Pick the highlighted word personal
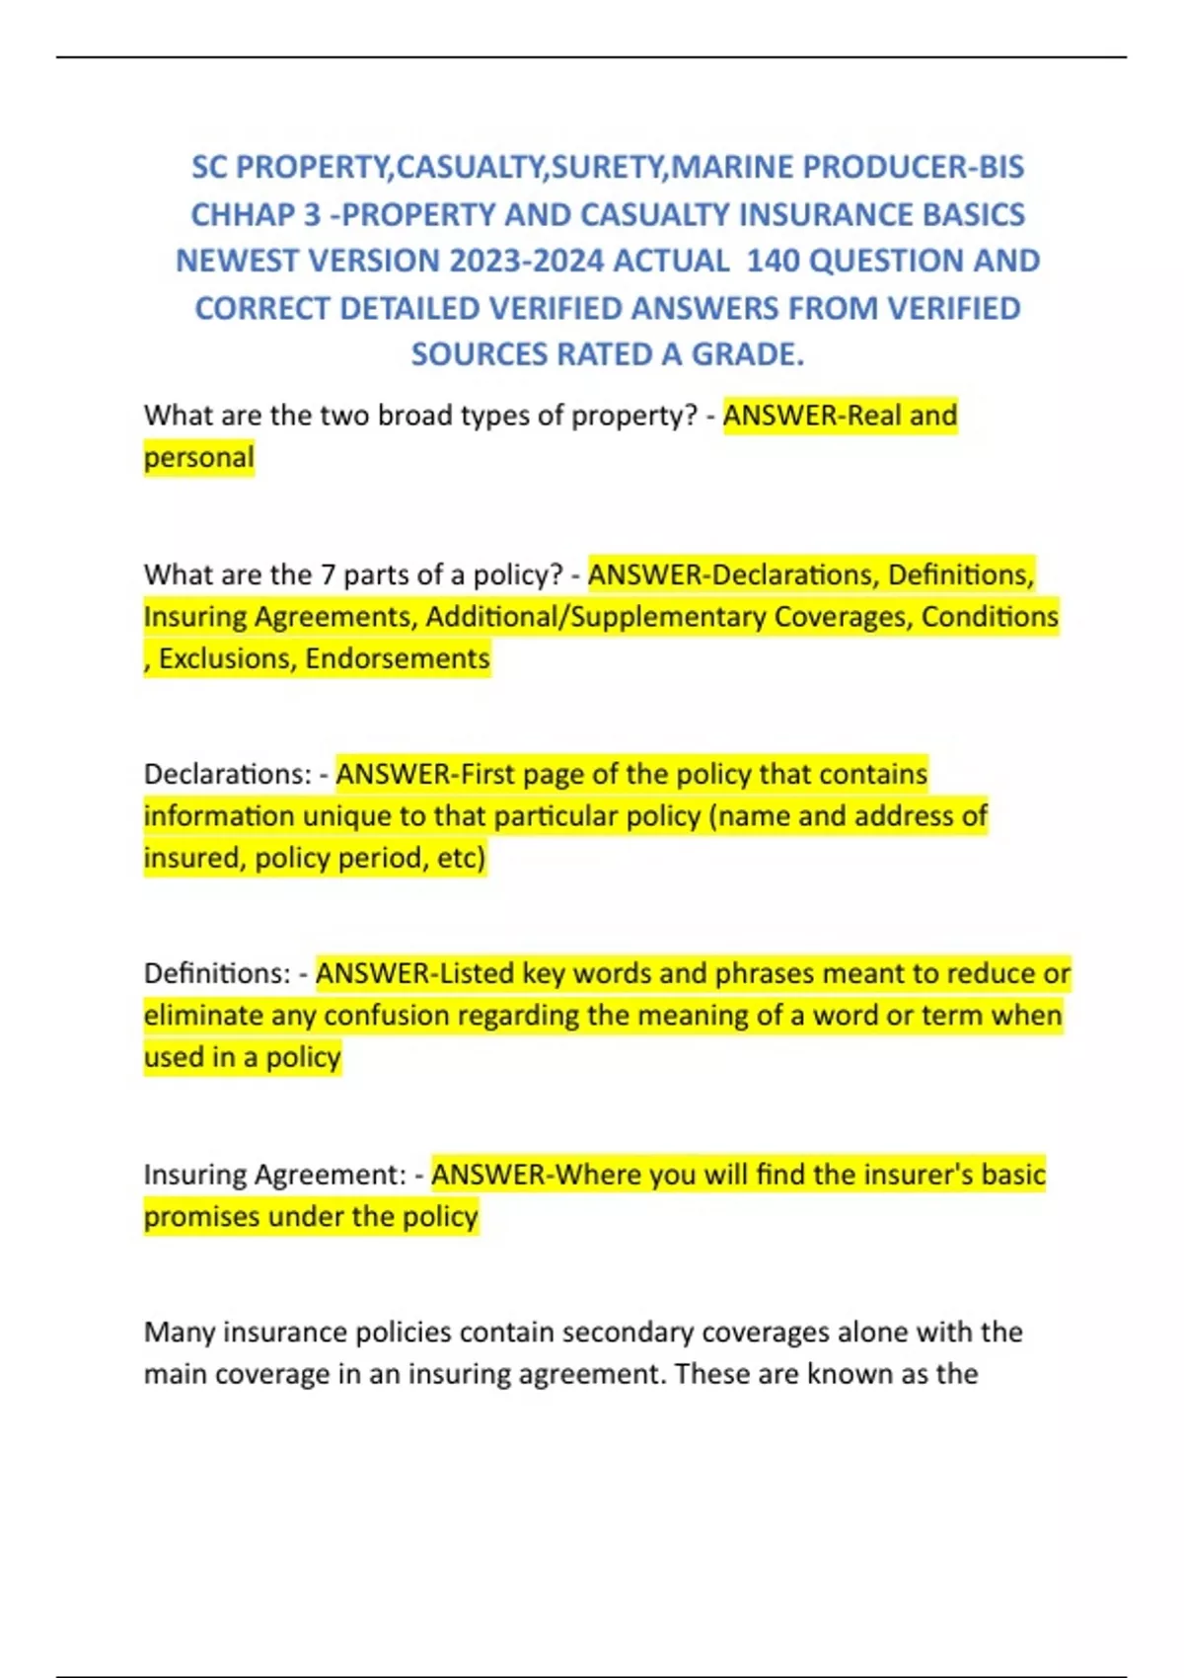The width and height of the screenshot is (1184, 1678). tap(198, 458)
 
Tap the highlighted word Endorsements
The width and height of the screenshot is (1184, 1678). tap(398, 658)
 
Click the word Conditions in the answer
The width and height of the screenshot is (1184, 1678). tap(990, 617)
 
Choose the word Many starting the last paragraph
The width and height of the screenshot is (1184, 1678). tap(179, 1333)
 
